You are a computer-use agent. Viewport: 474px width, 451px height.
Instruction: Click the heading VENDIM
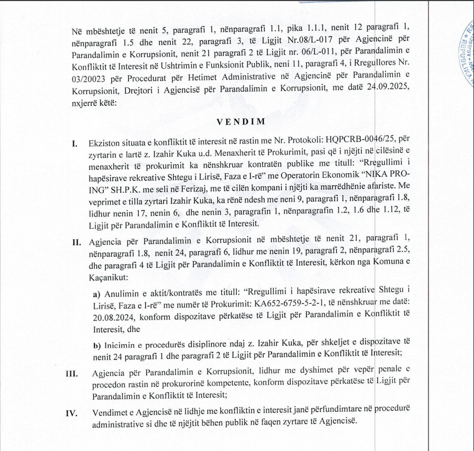236,121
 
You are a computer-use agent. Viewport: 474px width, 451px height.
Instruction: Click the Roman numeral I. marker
75,143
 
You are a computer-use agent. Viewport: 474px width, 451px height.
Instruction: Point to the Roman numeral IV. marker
71,413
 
